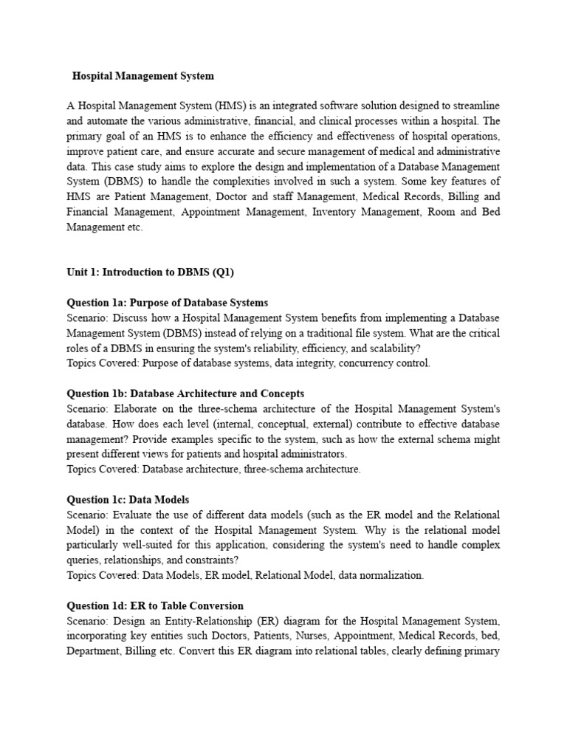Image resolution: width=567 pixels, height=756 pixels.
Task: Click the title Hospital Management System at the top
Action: click(x=143, y=75)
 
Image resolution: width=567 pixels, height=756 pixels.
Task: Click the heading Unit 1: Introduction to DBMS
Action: click(x=150, y=272)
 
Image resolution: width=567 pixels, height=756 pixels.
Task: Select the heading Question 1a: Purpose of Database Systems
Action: click(x=168, y=303)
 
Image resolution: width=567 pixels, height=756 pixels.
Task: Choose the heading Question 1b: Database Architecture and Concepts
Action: click(x=185, y=394)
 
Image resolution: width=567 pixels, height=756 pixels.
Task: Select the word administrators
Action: click(x=312, y=454)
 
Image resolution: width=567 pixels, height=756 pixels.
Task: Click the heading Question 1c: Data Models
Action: click(x=133, y=500)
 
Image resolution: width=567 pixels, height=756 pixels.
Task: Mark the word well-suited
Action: click(x=139, y=545)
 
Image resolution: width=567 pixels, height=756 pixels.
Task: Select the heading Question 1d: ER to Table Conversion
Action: click(x=155, y=605)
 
